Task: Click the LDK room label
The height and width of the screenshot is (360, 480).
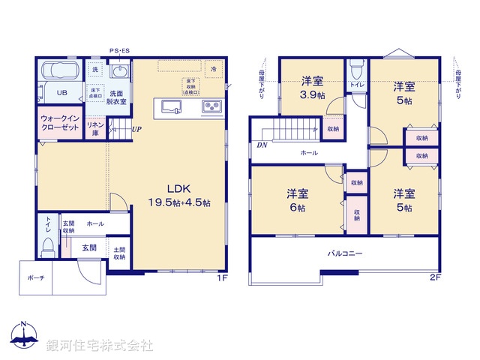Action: (x=182, y=195)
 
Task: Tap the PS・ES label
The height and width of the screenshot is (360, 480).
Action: (x=118, y=51)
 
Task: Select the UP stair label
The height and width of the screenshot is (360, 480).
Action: (x=136, y=129)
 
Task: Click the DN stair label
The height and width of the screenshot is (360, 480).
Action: (x=262, y=145)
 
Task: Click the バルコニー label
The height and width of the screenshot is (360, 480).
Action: (x=345, y=253)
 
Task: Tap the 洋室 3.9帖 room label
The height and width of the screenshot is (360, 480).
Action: (x=313, y=88)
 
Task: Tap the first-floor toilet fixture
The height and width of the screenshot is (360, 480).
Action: (x=48, y=244)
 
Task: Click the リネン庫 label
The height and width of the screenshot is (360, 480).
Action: (x=94, y=129)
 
